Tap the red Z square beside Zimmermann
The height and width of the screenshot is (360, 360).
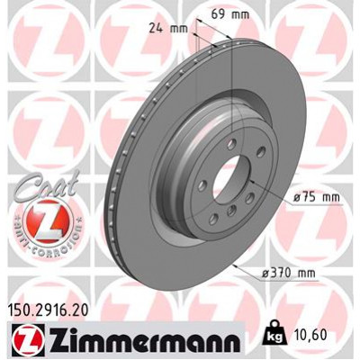click(x=19, y=341)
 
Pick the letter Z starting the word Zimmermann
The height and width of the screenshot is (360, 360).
click(x=47, y=341)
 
